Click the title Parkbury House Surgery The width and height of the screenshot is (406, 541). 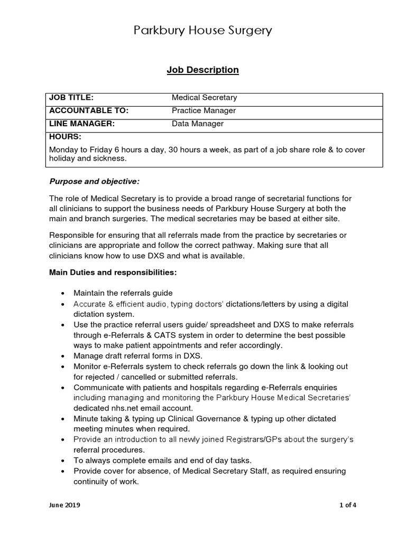202,31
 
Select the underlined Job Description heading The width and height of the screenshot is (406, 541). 203,70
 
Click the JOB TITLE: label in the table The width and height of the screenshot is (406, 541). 71,98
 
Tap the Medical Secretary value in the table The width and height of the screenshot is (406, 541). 205,98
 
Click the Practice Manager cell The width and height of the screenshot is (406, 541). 204,111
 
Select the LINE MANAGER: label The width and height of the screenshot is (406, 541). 82,124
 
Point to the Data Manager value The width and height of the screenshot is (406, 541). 198,124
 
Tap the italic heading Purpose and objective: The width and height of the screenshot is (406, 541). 95,182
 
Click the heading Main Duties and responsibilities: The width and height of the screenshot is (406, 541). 113,273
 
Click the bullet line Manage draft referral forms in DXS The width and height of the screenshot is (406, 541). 138,356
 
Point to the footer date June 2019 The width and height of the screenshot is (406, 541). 65,505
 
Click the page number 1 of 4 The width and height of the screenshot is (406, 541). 347,505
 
